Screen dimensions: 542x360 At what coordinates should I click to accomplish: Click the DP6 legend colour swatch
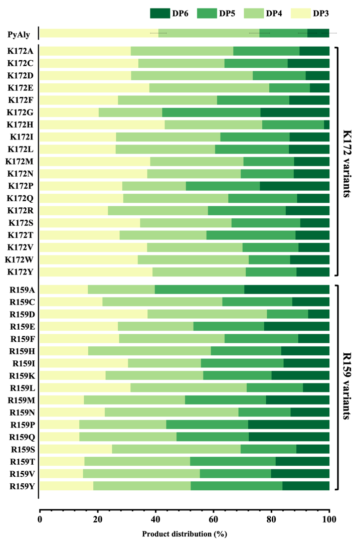[x=159, y=14]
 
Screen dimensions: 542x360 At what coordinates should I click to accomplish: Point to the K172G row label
[x=20, y=112]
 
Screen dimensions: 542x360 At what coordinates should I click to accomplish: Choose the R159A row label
[x=21, y=290]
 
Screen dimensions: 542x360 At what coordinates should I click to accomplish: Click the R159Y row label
[x=21, y=486]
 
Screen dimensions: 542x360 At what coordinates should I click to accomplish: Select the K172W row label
[x=20, y=259]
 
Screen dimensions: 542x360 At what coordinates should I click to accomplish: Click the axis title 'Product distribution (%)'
[x=185, y=534]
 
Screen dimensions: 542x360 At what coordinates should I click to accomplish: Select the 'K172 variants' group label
[x=349, y=161]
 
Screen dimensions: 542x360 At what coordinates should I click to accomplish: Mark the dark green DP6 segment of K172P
[x=294, y=186]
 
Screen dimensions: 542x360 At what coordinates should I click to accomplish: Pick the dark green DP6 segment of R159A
[x=287, y=290]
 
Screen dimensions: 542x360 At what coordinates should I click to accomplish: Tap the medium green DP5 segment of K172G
[x=211, y=112]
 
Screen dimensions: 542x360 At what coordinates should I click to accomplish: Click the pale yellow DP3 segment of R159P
[x=59, y=424]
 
